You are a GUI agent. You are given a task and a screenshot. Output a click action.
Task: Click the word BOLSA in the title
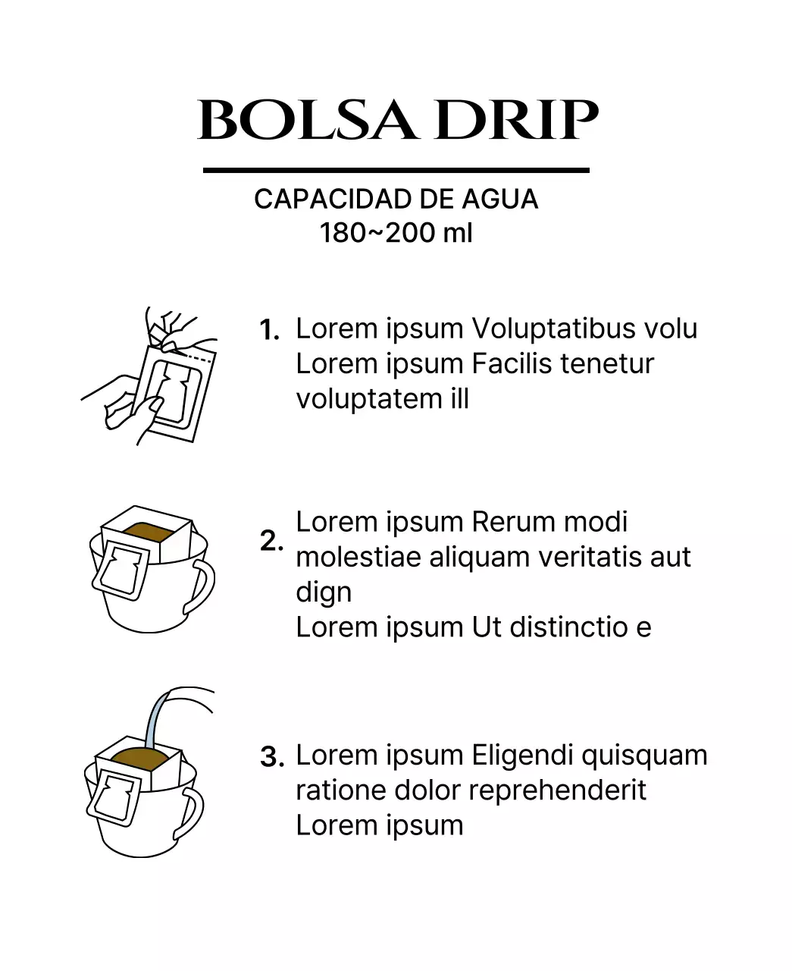click(308, 120)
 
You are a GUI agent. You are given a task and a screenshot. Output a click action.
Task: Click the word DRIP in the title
click(516, 120)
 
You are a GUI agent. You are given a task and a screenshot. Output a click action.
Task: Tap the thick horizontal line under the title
click(396, 171)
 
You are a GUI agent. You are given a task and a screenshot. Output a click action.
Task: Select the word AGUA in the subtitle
click(499, 199)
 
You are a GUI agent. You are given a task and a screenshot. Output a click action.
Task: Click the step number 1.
click(270, 330)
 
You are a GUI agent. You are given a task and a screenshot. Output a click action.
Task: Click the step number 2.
click(271, 541)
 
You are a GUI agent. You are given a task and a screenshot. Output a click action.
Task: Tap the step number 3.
click(272, 756)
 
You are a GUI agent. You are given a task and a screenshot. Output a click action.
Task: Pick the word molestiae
click(358, 557)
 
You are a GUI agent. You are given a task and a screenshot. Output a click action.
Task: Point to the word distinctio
click(569, 627)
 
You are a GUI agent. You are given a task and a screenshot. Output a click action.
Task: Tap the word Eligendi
click(522, 756)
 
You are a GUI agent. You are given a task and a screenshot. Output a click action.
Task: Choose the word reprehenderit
click(558, 791)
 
